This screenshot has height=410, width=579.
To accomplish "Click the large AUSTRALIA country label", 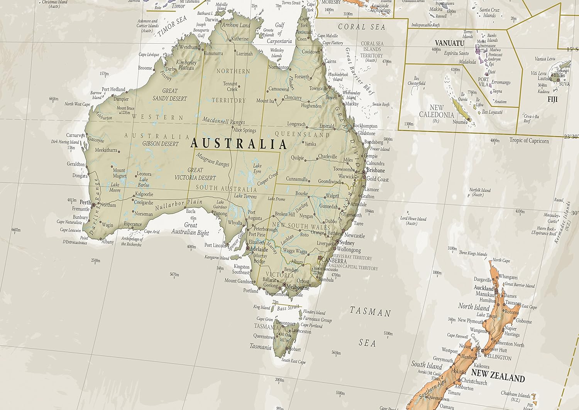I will click(239, 144).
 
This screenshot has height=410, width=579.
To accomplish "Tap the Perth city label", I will click(85, 202).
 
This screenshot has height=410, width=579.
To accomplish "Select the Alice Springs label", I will click(244, 130).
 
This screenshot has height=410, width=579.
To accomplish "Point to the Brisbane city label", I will click(376, 170).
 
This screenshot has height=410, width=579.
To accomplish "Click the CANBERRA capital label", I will click(334, 261).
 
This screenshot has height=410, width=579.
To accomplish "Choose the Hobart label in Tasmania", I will click(294, 349).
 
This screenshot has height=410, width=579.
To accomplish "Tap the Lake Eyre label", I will click(257, 169).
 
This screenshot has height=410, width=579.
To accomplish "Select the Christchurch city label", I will click(474, 381).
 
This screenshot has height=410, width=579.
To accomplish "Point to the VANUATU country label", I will click(449, 43).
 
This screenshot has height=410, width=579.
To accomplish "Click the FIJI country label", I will click(552, 100).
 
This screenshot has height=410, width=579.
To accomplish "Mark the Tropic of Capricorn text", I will click(529, 140).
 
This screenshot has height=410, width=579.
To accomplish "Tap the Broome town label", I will click(145, 68).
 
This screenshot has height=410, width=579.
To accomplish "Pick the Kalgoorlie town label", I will click(144, 194).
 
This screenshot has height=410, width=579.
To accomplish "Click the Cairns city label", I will click(330, 61).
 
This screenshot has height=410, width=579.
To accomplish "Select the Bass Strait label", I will click(288, 308).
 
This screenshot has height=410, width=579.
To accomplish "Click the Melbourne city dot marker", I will click(284, 285).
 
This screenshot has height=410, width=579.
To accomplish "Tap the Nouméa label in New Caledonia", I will click(460, 122).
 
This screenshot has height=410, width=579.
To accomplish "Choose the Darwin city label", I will click(212, 19).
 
